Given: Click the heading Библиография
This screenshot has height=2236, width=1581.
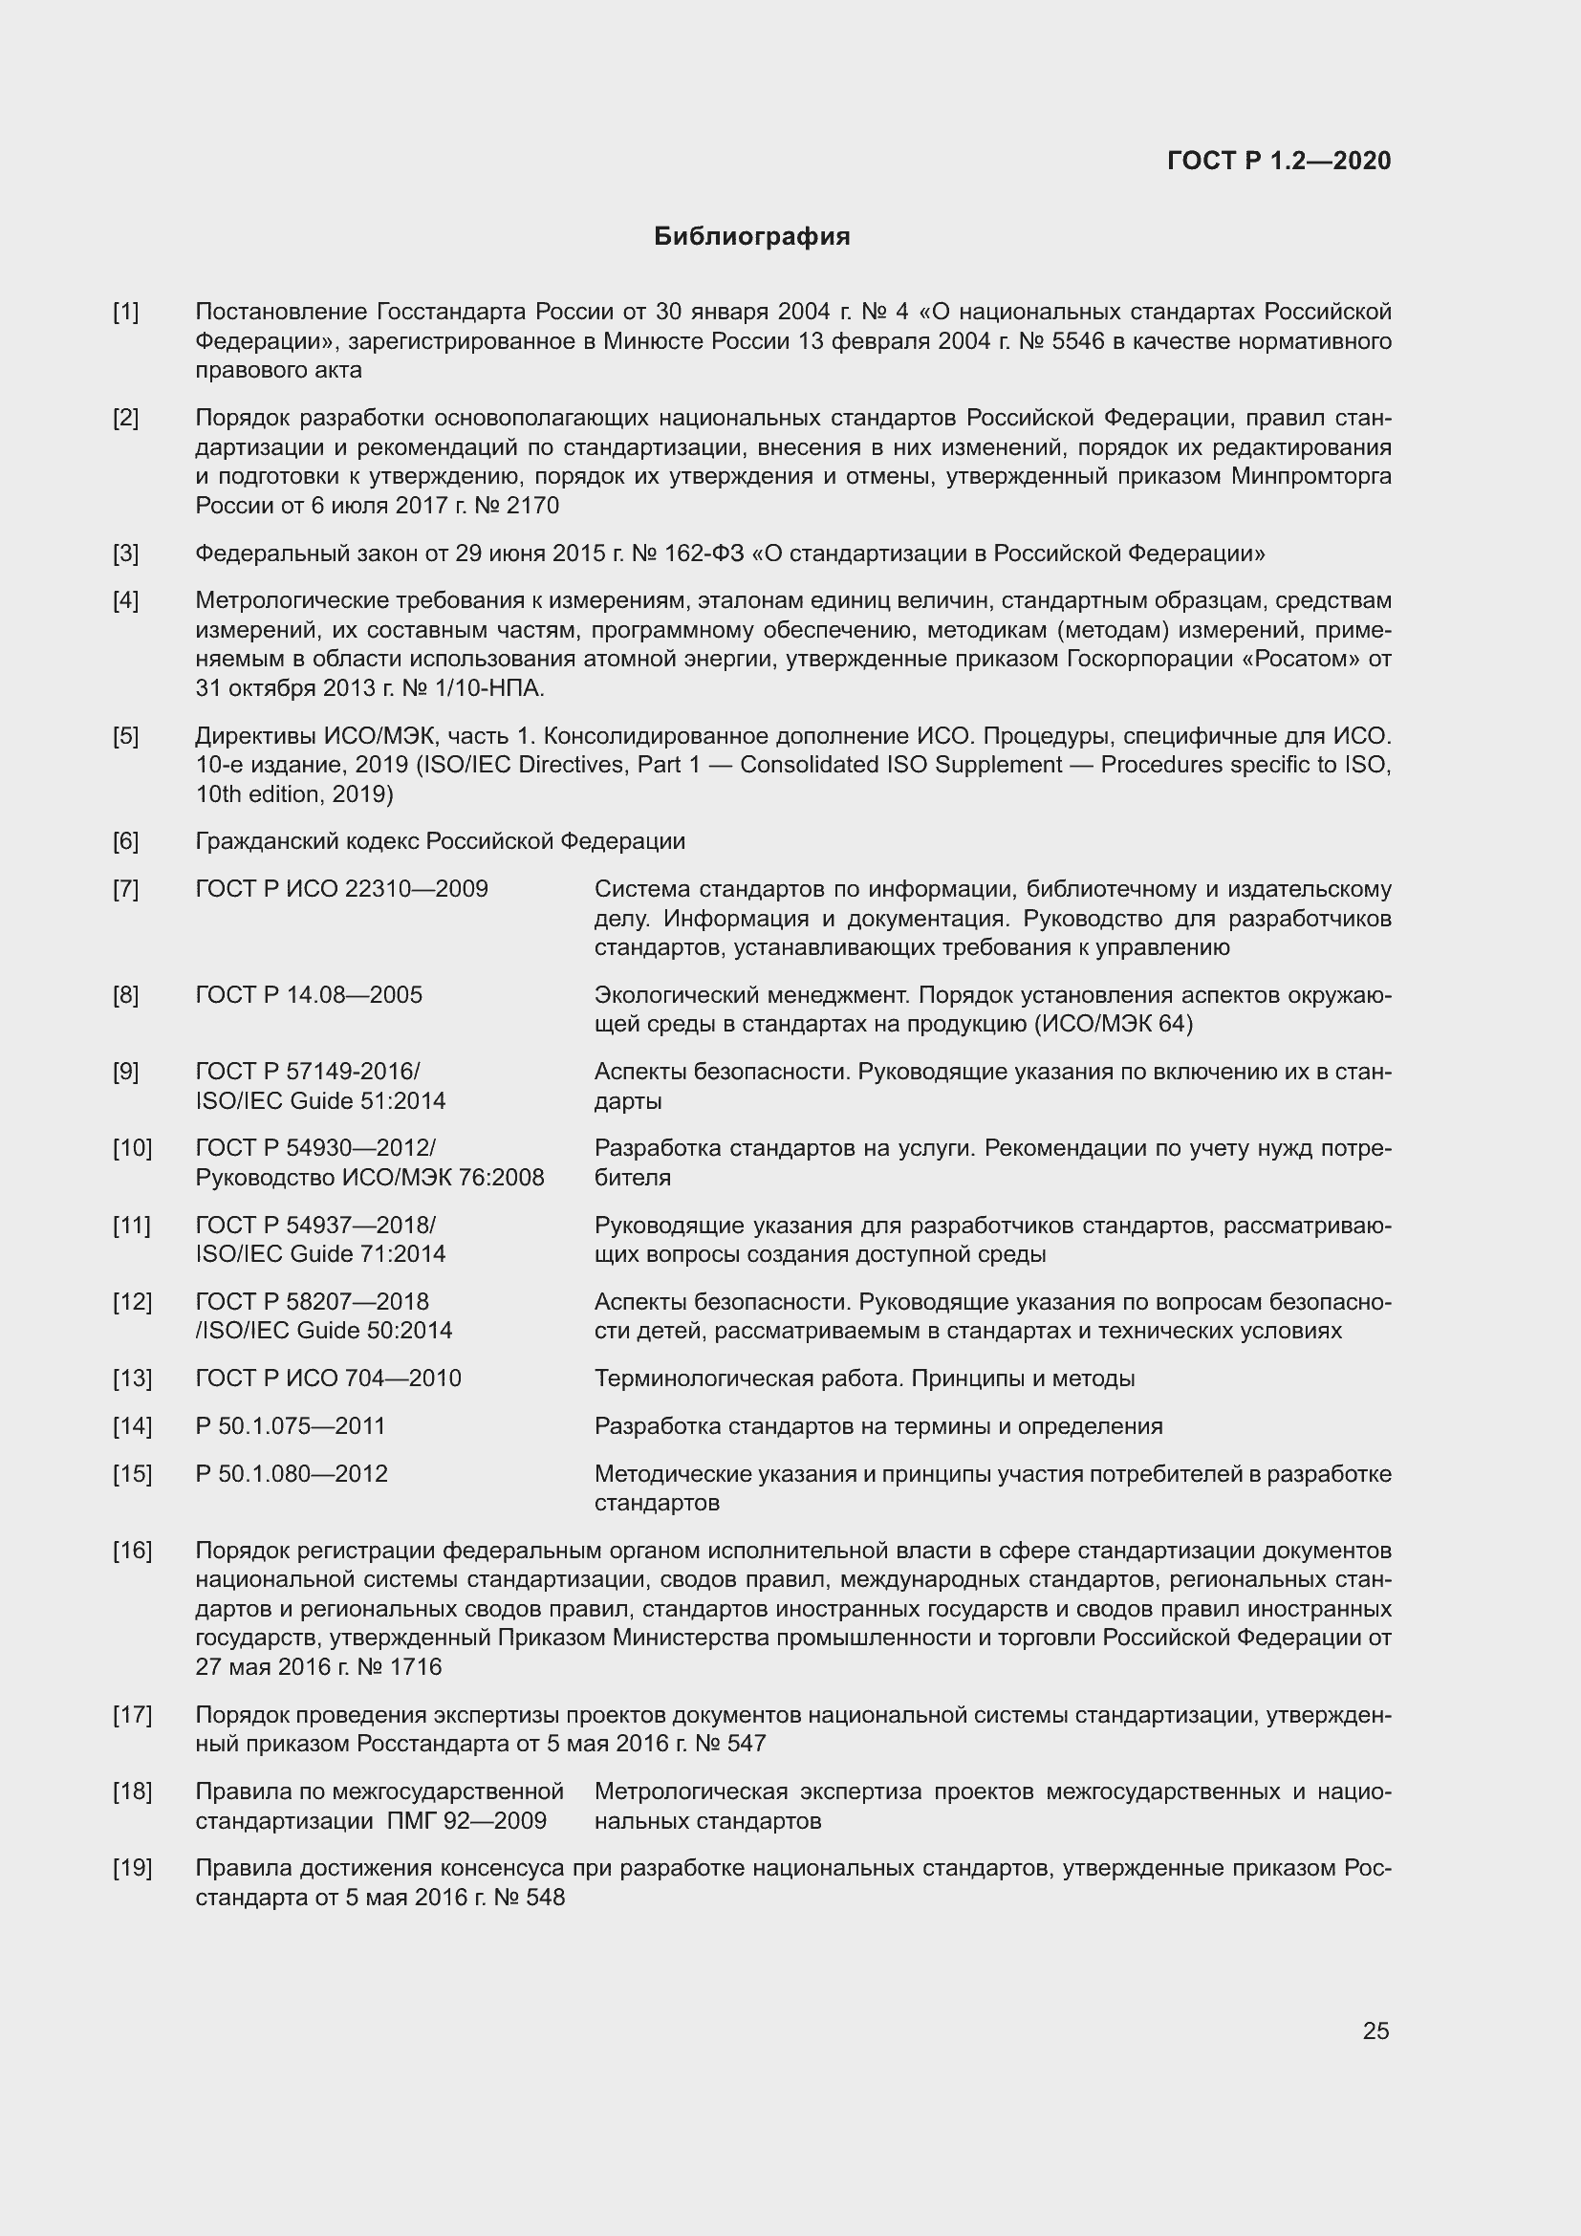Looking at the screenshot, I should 751,237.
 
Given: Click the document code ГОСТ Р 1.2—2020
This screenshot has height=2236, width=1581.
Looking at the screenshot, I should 1278,161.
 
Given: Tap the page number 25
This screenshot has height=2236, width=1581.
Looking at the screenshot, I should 1375,2030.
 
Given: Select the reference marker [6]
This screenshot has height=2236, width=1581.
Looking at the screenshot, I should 125,840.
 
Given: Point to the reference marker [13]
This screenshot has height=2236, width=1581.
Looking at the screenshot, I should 133,1379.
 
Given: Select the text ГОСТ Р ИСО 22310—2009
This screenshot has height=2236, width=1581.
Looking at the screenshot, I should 341,889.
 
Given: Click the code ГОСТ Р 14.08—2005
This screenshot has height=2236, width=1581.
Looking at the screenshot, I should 309,995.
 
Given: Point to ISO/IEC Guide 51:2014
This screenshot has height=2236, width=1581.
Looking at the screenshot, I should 320,1100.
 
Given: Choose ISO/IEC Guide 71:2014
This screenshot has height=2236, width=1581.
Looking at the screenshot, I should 320,1253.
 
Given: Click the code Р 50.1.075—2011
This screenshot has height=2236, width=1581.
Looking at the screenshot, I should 291,1425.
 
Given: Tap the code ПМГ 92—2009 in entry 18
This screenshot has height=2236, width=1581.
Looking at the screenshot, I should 466,1820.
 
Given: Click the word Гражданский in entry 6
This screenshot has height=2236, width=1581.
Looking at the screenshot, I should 260,840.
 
